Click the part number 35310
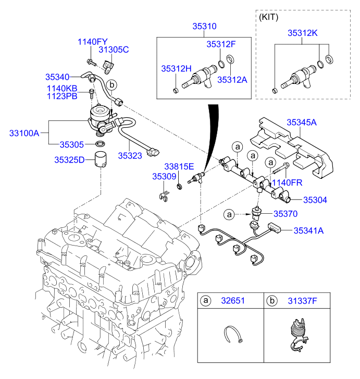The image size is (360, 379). click(x=205, y=26)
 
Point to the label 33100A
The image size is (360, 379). click(x=24, y=133)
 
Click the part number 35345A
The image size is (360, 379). click(x=301, y=123)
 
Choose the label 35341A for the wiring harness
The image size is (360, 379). click(x=308, y=229)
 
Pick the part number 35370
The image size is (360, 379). click(x=285, y=214)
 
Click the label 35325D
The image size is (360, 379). click(x=69, y=160)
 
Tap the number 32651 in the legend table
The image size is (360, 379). click(x=234, y=301)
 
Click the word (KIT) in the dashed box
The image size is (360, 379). click(x=268, y=17)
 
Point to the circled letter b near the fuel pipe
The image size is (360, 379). click(x=111, y=84)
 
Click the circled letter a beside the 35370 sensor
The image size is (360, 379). click(x=228, y=214)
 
